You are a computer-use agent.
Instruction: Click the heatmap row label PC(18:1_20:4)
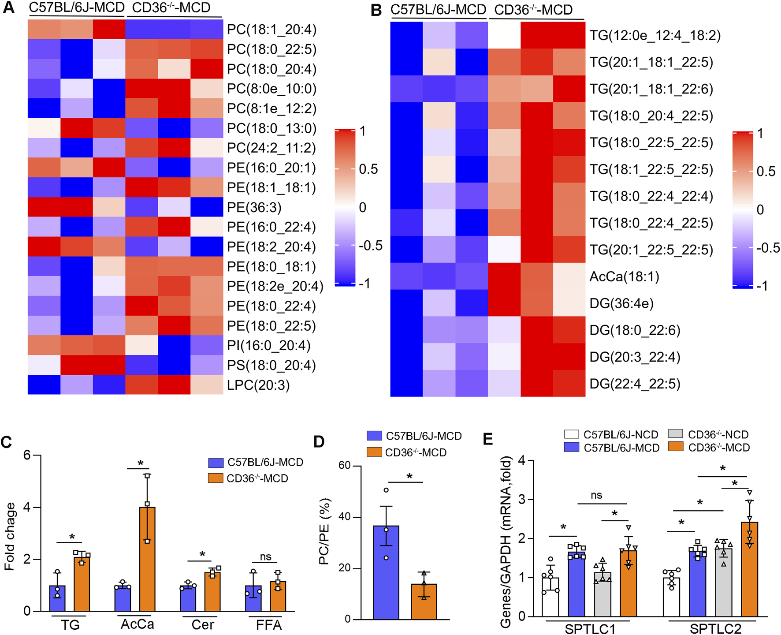(271, 30)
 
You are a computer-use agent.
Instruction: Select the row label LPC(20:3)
(258, 385)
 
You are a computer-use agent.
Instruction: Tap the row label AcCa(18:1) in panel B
(625, 276)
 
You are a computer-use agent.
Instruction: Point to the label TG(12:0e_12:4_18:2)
(655, 35)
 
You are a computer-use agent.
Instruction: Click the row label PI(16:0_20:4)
(269, 345)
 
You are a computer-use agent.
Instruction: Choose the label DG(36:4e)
(621, 303)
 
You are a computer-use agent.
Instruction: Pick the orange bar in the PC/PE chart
(424, 601)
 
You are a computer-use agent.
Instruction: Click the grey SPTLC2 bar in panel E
(723, 582)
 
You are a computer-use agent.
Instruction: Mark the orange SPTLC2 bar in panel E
(749, 569)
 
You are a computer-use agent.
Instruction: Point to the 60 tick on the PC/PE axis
(345, 466)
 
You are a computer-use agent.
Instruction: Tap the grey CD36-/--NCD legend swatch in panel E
(675, 434)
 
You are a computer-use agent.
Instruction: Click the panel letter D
(319, 441)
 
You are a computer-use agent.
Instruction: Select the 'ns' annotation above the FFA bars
(265, 557)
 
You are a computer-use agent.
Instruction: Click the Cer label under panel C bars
(203, 624)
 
